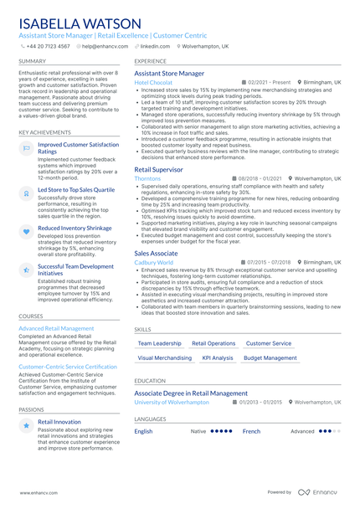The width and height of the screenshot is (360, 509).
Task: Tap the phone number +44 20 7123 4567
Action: click(49, 47)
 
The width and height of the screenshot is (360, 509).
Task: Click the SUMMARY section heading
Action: click(33, 61)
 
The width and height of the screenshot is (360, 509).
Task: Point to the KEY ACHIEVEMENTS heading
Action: click(44, 132)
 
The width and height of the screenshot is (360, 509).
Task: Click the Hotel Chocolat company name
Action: click(153, 83)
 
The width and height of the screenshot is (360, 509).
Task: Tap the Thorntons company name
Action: click(148, 178)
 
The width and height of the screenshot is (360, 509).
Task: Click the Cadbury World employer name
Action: click(154, 262)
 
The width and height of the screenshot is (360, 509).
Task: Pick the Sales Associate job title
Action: click(157, 253)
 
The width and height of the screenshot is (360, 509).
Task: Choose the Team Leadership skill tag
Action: click(159, 343)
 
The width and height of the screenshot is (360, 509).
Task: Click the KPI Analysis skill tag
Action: click(218, 357)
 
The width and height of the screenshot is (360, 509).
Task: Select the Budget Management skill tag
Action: click(270, 357)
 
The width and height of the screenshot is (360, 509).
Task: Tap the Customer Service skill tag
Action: click(269, 343)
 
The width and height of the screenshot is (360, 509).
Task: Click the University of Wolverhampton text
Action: click(172, 402)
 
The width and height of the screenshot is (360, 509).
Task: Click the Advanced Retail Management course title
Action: click(56, 329)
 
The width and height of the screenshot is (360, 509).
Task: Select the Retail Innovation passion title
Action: click(60, 422)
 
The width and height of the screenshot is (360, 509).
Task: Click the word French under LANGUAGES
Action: click(251, 431)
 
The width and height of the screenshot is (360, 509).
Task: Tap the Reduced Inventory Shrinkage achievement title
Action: click(75, 228)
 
